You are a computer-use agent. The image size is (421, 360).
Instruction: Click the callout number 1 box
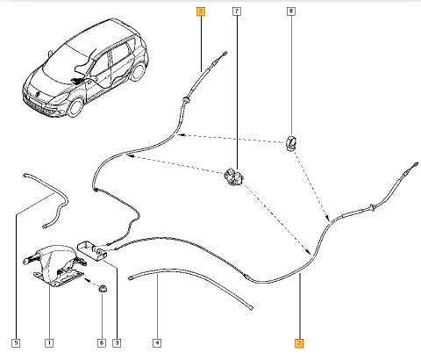49,342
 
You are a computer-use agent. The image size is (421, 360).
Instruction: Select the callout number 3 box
117,342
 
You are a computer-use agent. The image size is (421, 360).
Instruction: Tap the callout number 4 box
157,342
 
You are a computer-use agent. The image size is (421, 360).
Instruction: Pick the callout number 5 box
16,342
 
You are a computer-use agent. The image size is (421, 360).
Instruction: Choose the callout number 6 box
102,342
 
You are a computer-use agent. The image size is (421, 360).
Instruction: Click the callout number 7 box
237,11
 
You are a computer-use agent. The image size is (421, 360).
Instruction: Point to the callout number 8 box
291,11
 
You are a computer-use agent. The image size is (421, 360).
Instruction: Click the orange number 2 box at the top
201,11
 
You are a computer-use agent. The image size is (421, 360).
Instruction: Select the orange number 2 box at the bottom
299,342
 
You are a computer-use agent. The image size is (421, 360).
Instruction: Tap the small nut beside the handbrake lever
103,288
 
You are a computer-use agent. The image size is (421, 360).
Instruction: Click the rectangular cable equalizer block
92,249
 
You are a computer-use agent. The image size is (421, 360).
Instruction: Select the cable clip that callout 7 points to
234,176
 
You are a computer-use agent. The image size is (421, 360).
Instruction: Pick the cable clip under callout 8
291,143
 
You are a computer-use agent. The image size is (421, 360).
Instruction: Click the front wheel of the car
75,108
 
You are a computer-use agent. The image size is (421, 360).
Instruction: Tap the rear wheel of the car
138,72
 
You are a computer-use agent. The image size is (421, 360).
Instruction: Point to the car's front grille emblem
38,94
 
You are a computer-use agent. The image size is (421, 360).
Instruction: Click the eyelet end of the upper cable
225,54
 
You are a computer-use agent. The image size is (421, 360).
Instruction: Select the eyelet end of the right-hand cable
416,164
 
